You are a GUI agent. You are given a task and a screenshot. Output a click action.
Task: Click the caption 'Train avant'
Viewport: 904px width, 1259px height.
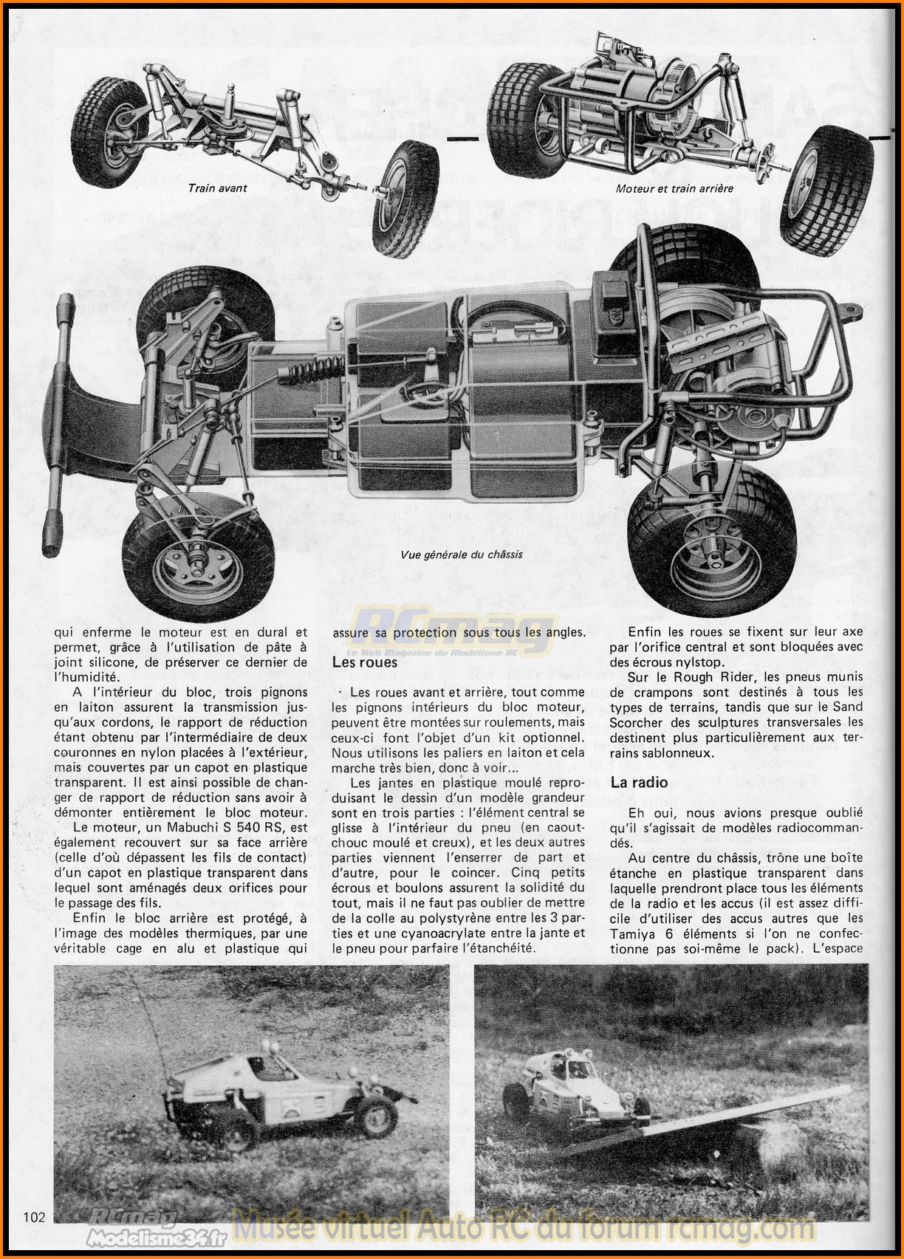point(217,188)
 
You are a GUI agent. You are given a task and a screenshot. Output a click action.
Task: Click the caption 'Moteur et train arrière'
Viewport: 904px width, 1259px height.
point(674,188)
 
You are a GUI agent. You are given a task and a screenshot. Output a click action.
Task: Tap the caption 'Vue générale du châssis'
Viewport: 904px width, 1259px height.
point(462,555)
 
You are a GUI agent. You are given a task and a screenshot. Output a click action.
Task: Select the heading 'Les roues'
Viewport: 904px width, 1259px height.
point(364,662)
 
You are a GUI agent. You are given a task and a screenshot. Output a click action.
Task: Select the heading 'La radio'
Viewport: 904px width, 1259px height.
point(639,783)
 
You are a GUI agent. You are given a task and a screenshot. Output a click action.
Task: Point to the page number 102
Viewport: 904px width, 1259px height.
point(35,1217)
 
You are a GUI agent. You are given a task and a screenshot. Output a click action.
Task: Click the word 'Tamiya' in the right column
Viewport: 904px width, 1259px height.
point(634,933)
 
